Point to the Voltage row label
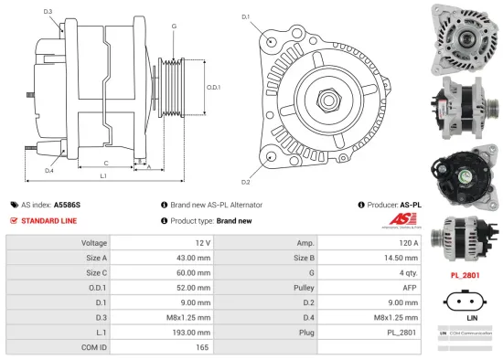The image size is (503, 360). click(x=95, y=243)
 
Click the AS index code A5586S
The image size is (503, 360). click(x=67, y=206)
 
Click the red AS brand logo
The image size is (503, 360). click(x=408, y=220)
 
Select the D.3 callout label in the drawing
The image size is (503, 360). click(x=48, y=12)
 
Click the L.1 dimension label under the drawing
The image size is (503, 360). click(x=104, y=175)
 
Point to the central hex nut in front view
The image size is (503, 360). click(x=326, y=99)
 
